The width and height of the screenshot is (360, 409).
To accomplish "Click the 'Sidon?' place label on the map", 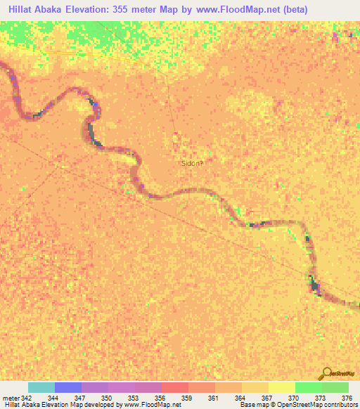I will point(193,163).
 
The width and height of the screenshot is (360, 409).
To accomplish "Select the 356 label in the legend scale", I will point(160,398).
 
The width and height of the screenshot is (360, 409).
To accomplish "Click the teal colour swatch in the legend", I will point(41,387).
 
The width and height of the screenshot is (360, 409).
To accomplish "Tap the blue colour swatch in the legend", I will point(68,387).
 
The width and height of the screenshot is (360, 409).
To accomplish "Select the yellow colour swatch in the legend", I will point(281,387).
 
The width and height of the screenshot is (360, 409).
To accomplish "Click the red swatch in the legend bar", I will point(175,387).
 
